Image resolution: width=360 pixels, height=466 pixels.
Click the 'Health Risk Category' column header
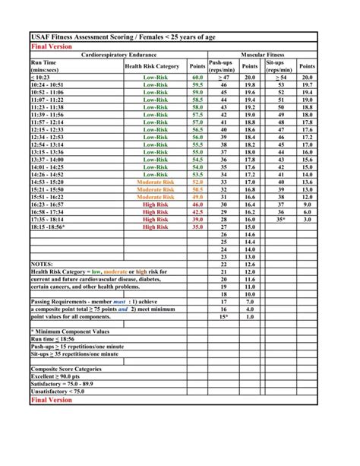(152, 66)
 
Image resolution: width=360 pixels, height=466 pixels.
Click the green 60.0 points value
(197, 77)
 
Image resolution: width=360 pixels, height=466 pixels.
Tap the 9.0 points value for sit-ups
(307, 204)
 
